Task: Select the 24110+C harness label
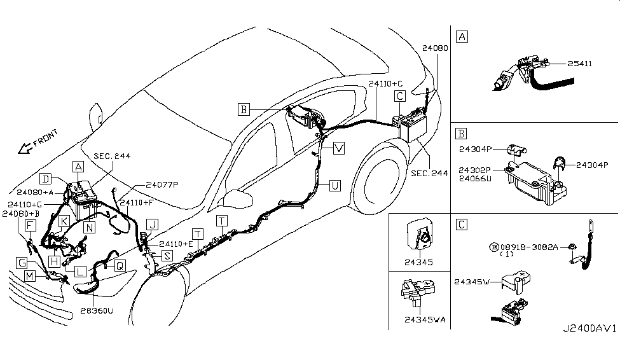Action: point(385,84)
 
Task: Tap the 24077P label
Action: point(162,184)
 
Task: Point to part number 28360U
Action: point(97,311)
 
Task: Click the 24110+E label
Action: point(176,244)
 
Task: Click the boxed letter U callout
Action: point(334,186)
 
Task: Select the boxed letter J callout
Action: point(151,224)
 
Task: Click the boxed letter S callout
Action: point(167,256)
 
